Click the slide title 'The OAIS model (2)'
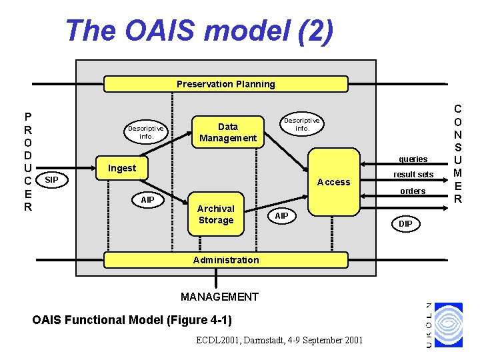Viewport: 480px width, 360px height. [199, 31]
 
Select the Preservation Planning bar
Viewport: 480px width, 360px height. [225, 84]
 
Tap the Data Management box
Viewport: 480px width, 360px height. [228, 132]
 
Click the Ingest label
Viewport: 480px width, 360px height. [122, 168]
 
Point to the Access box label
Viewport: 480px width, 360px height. [333, 182]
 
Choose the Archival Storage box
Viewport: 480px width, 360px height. [215, 215]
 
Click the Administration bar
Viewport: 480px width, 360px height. [225, 260]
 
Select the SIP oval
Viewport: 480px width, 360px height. [51, 180]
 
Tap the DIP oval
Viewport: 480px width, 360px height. [405, 224]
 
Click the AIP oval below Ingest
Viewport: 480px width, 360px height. [147, 200]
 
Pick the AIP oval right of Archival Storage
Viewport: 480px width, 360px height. [281, 216]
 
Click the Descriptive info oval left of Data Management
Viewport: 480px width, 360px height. [146, 132]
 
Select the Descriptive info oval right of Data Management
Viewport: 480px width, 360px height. [302, 124]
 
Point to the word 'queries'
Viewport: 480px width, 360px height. [413, 159]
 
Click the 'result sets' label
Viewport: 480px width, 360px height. [413, 175]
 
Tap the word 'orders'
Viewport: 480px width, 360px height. [413, 191]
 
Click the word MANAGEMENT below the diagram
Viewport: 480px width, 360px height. [219, 297]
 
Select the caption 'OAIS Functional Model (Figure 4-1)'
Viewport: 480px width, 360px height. [132, 320]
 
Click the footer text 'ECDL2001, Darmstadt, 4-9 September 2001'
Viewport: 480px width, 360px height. [279, 341]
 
